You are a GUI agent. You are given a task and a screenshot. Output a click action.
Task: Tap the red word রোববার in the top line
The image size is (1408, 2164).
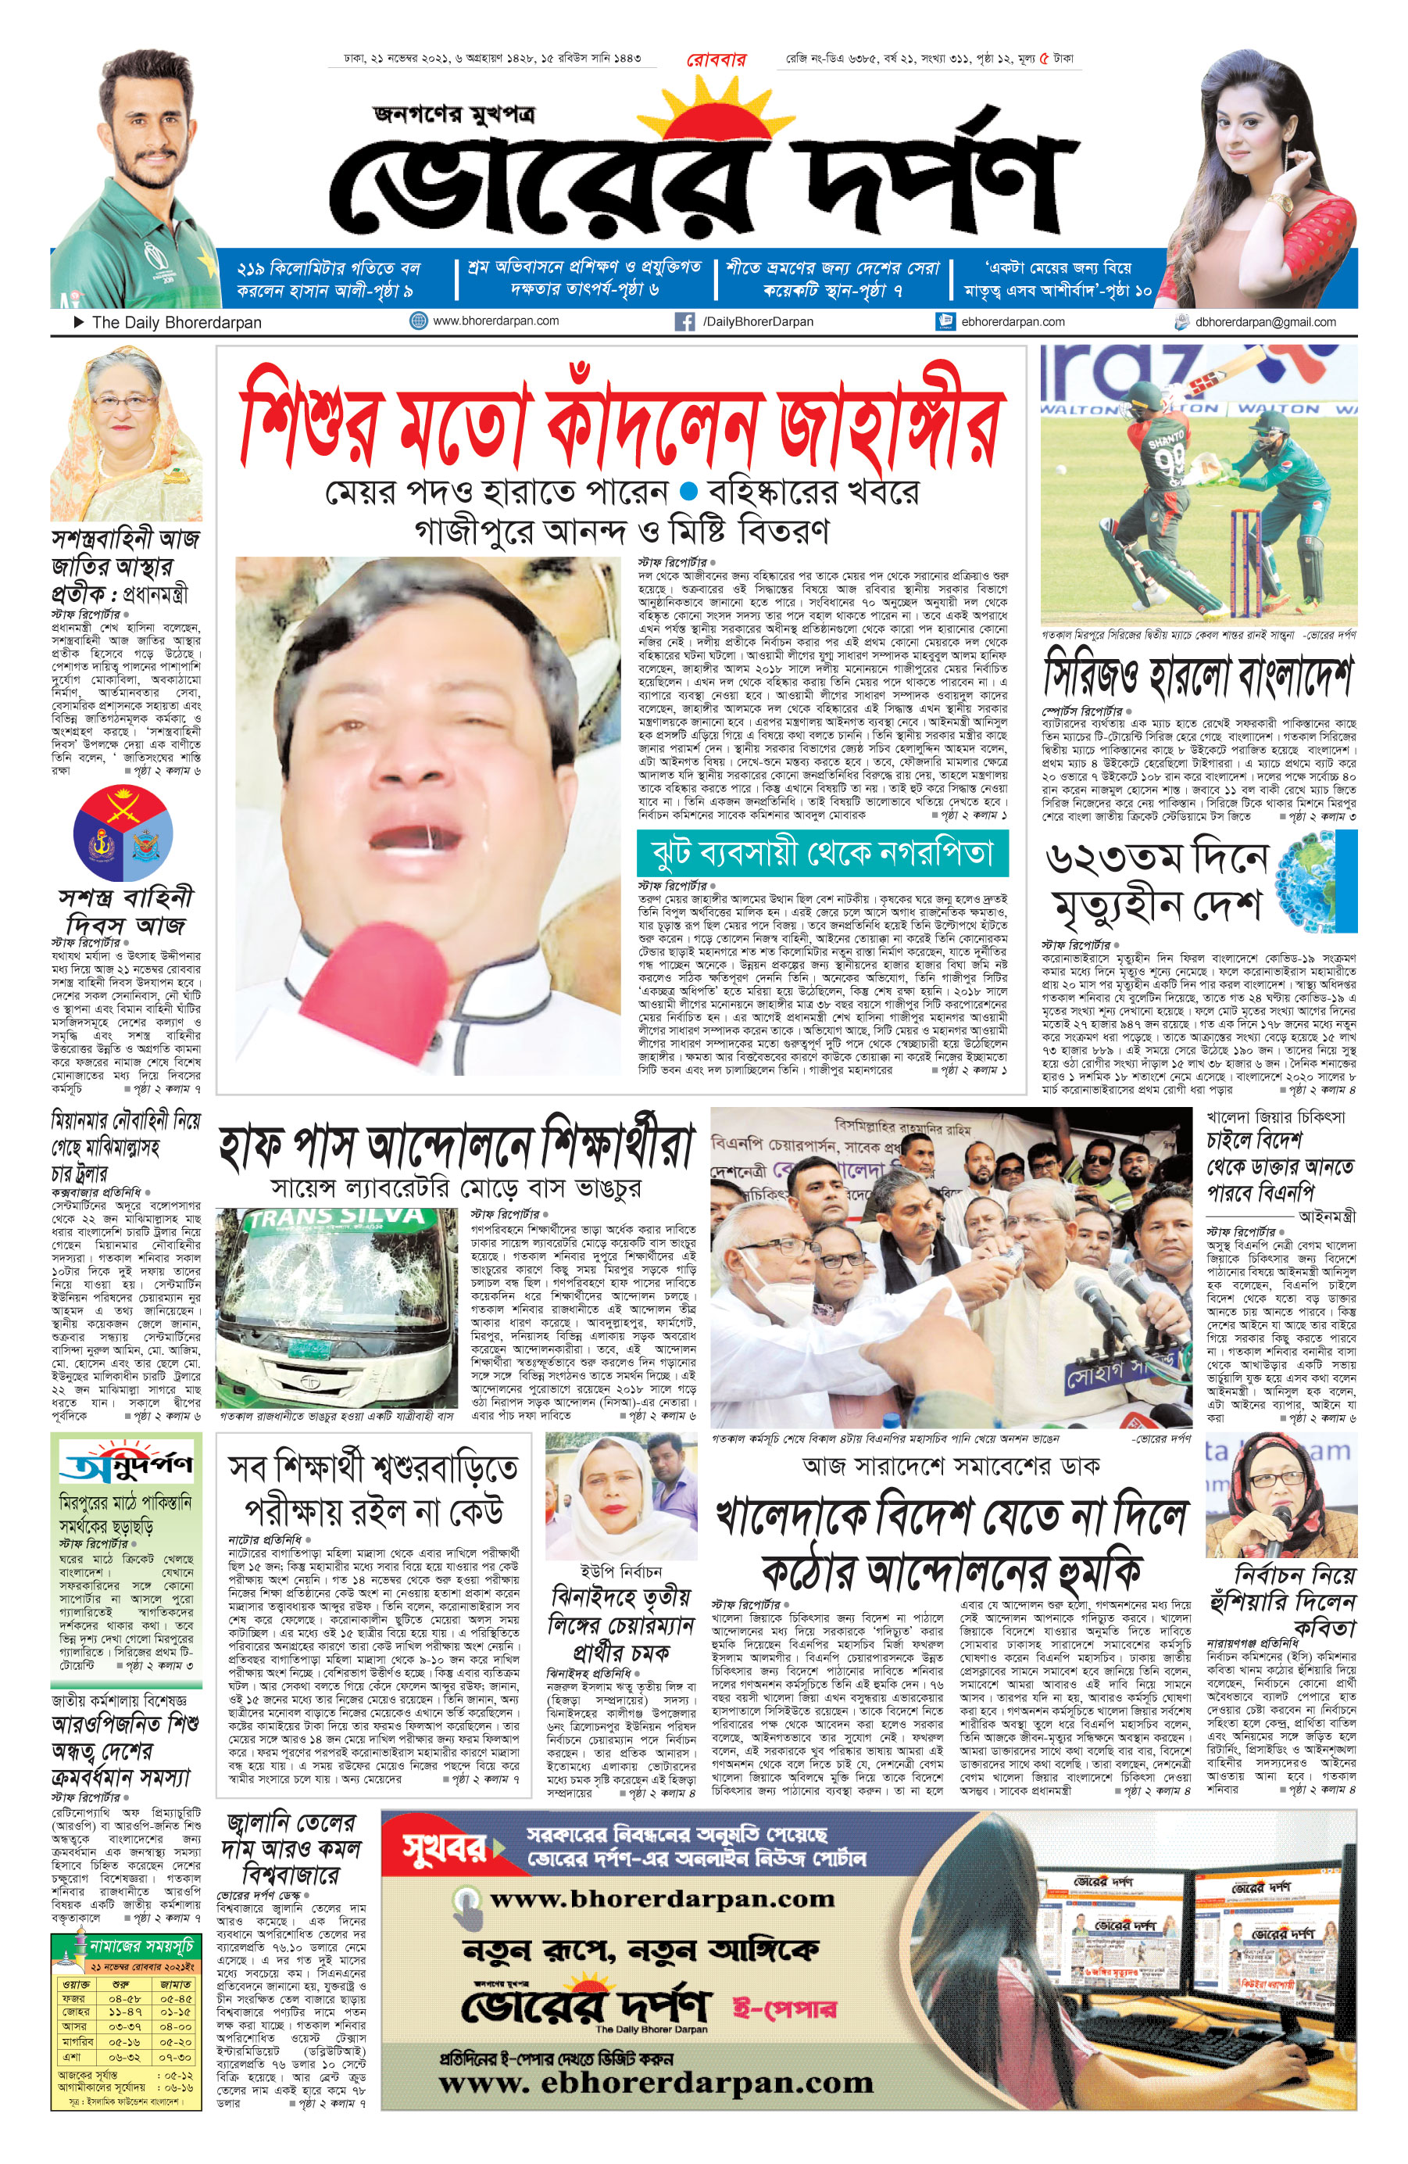click(716, 60)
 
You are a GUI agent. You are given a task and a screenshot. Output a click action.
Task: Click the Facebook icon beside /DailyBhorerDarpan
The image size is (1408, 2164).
click(684, 321)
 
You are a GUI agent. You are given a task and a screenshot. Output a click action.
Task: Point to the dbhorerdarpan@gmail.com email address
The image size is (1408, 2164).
click(1265, 322)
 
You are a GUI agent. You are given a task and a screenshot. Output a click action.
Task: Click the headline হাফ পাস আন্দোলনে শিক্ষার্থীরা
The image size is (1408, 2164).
click(456, 1149)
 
